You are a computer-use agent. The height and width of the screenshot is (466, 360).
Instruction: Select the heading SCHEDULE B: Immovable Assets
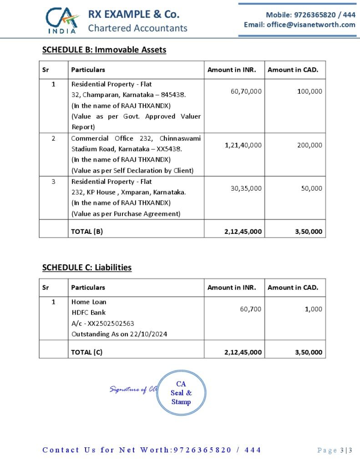pos(104,50)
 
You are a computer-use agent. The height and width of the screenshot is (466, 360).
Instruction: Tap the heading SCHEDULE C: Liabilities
pos(87,267)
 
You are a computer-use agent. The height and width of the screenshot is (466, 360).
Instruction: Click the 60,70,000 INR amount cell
pos(246,91)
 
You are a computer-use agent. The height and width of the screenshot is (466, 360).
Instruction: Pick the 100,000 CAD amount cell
pos(309,91)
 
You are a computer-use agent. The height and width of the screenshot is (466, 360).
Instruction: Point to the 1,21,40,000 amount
pos(243,145)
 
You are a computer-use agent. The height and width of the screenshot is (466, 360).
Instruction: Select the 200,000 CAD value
pos(309,145)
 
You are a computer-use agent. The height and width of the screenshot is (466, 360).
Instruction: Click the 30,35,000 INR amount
pos(246,188)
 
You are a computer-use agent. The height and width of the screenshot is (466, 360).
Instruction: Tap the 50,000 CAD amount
pos(311,188)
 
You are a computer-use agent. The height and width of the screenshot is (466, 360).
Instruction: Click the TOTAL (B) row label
pos(87,231)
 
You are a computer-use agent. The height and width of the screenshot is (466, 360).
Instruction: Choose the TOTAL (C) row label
pos(87,352)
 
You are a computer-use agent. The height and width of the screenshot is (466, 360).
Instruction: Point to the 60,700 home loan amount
pos(250,309)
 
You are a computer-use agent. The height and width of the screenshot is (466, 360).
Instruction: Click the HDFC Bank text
pos(88,313)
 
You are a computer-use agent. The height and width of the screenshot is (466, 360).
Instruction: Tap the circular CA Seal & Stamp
pos(181,393)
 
